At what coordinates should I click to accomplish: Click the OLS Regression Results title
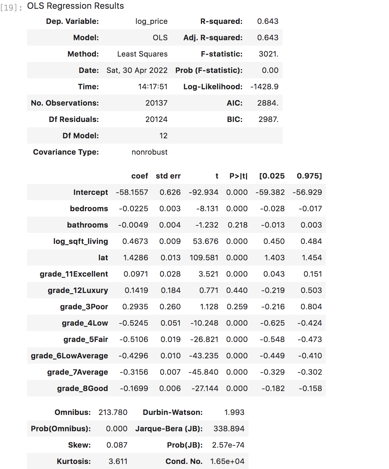tap(75, 6)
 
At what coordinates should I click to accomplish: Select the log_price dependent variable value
tap(151, 21)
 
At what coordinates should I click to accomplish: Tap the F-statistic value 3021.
tap(268, 54)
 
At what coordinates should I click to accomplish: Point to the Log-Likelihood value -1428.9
tap(264, 87)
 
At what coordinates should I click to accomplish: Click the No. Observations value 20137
tap(156, 103)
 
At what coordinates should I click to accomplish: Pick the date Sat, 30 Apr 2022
tap(137, 70)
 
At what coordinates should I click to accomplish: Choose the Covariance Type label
tap(66, 152)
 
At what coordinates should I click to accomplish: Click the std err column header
tap(168, 176)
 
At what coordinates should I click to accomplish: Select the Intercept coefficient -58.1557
tap(132, 192)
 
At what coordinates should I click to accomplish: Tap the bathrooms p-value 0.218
tap(238, 225)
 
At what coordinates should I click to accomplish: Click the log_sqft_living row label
tap(80, 241)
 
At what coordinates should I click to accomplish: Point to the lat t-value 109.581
tap(204, 258)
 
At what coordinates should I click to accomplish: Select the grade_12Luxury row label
tap(78, 290)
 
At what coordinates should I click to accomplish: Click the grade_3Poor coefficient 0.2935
tap(135, 307)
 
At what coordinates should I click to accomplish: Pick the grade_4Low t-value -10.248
tap(204, 323)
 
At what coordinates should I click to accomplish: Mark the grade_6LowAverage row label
tap(69, 356)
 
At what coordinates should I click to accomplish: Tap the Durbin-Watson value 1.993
tap(234, 412)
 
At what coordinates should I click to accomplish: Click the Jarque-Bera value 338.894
tap(229, 429)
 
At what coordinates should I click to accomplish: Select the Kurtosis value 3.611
tap(118, 461)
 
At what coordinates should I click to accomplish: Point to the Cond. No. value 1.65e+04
tap(227, 461)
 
